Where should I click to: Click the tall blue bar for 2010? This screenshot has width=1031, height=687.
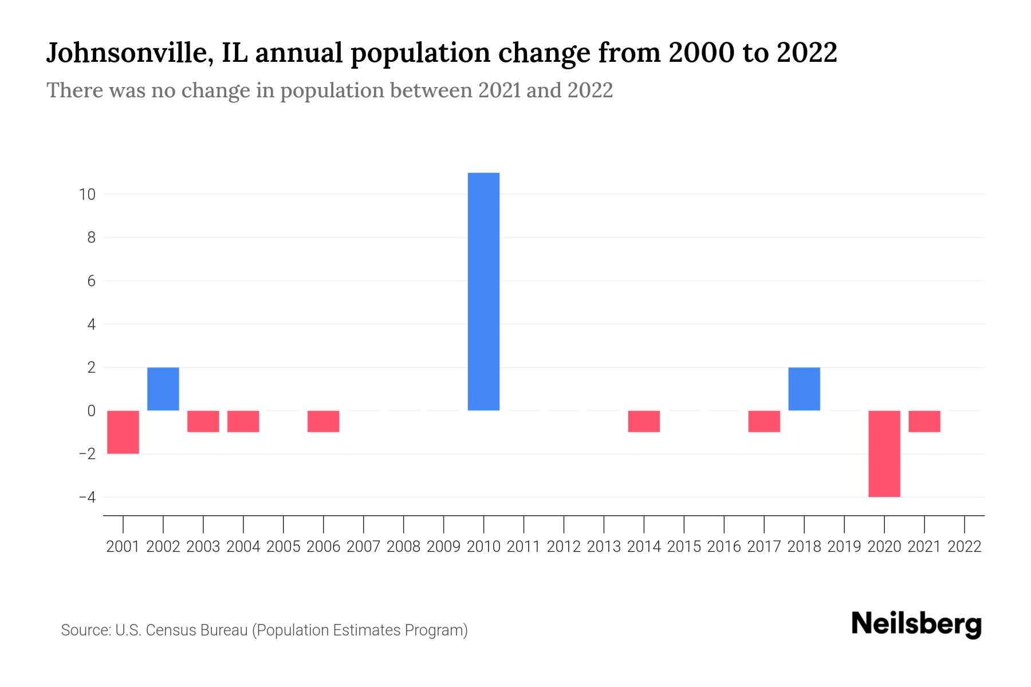[x=483, y=291]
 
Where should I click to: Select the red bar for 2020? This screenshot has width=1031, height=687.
[x=884, y=453]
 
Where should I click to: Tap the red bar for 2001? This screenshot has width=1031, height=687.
[x=123, y=432]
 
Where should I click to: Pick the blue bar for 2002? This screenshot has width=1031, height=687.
[x=163, y=389]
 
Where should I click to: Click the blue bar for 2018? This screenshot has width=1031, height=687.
[x=804, y=389]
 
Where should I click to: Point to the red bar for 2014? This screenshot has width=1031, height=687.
[x=644, y=421]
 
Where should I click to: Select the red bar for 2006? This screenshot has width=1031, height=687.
[x=323, y=421]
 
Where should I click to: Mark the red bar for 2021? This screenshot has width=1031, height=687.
[x=924, y=421]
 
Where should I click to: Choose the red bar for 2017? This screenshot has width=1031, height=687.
[x=764, y=421]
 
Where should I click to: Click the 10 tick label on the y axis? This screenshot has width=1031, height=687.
[x=87, y=195]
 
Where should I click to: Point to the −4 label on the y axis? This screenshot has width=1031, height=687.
[x=87, y=497]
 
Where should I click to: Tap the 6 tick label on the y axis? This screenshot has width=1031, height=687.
[x=91, y=281]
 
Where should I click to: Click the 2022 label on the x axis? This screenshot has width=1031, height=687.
[x=965, y=547]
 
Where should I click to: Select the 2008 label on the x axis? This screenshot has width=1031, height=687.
[x=403, y=547]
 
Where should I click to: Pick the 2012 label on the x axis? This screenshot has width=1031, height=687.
[x=564, y=547]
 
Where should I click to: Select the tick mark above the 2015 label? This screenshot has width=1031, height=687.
[x=684, y=523]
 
